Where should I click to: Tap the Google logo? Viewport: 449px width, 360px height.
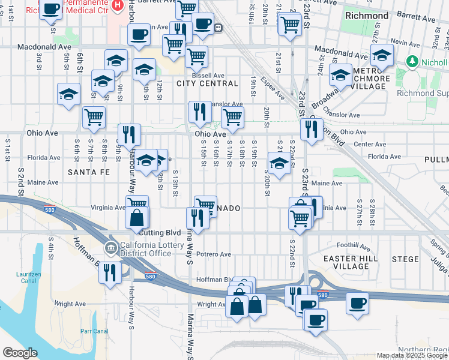(20, 353)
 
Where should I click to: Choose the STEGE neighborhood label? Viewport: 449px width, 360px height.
(405, 259)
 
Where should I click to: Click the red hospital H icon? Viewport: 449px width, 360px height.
(118, 5)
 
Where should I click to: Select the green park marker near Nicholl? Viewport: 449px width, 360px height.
(412, 61)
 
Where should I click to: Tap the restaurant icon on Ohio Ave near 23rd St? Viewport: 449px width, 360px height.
(310, 129)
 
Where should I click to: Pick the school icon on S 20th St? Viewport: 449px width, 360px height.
(279, 163)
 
